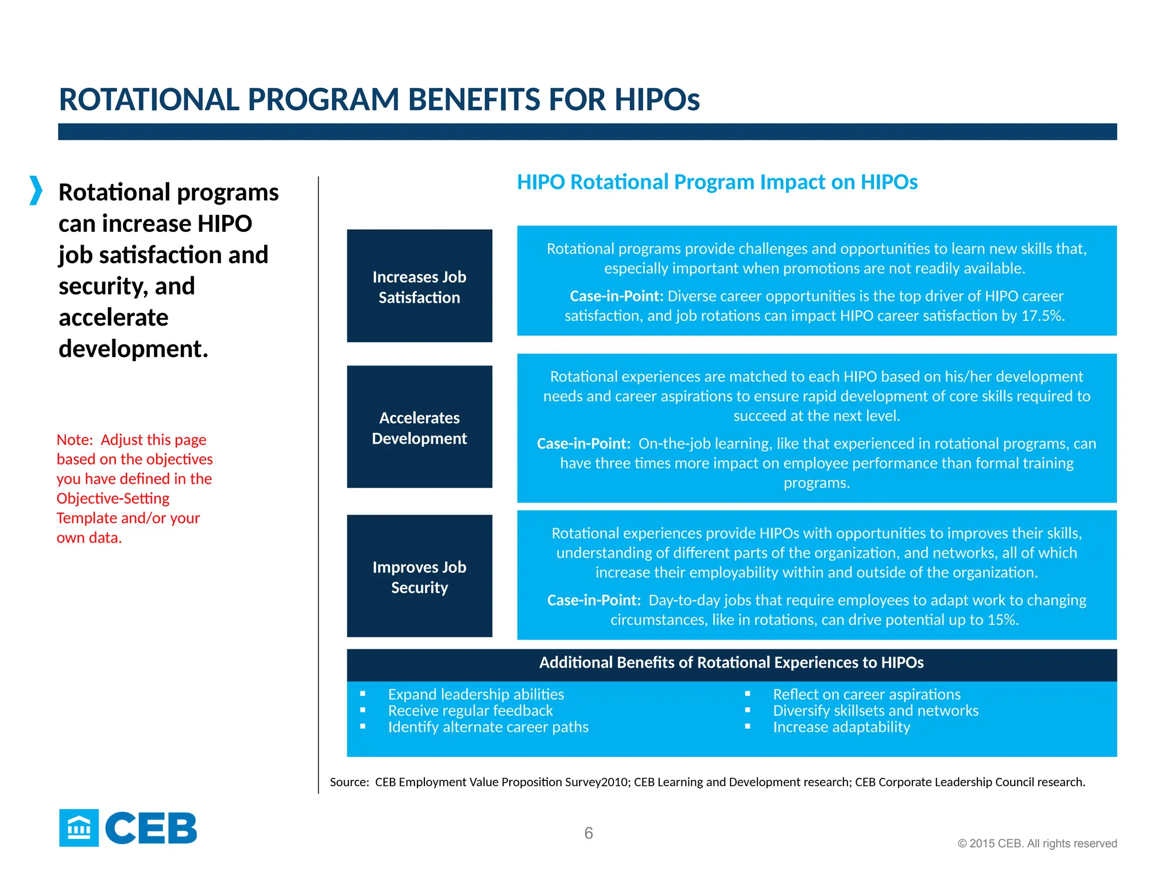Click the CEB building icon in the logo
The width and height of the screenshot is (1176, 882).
click(79, 828)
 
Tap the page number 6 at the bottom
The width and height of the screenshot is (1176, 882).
click(588, 833)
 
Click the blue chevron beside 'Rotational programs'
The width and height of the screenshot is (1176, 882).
click(36, 191)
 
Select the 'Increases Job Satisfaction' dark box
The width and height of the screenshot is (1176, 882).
click(419, 286)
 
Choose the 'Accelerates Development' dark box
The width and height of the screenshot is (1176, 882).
click(419, 427)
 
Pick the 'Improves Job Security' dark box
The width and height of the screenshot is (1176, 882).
click(419, 576)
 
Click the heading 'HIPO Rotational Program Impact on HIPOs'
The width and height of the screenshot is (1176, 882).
click(717, 182)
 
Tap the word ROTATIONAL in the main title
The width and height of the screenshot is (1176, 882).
click(149, 100)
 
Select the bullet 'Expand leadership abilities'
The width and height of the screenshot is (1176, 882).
click(475, 694)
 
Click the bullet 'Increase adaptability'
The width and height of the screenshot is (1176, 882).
click(841, 727)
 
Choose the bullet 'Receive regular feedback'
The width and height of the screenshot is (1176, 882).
click(470, 711)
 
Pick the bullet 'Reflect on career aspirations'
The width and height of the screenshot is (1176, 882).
click(866, 694)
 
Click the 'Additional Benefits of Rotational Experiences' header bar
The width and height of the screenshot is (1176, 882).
click(731, 663)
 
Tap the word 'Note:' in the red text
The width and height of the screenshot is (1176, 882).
click(75, 440)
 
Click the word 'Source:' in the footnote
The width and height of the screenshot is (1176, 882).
click(349, 782)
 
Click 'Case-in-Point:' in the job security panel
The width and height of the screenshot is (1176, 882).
click(594, 601)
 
